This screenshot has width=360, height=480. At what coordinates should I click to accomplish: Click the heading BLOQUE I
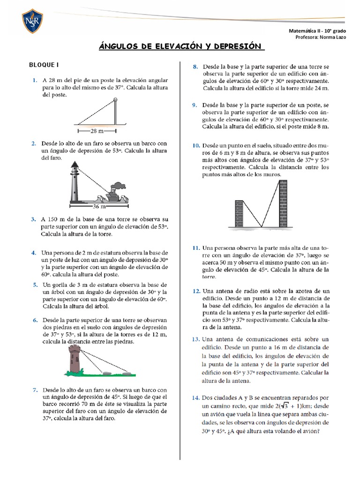[x=44, y=65]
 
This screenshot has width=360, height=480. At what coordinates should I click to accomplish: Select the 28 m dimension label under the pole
[x=97, y=131]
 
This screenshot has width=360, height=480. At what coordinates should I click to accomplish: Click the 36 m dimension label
[x=99, y=205]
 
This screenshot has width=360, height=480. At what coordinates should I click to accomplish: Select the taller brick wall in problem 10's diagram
[x=283, y=203]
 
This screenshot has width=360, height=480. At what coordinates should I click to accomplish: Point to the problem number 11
[x=196, y=247]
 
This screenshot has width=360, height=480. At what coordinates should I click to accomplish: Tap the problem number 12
[x=196, y=291]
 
